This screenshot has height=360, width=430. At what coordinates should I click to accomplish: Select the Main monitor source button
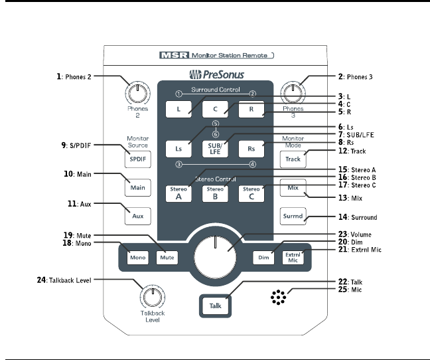click(x=138, y=187)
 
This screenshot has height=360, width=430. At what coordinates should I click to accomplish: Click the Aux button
click(x=138, y=217)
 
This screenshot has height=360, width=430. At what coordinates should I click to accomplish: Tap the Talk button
click(x=215, y=305)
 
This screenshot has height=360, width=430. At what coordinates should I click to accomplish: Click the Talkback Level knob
click(x=152, y=294)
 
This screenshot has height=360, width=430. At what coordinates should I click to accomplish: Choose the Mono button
click(x=138, y=256)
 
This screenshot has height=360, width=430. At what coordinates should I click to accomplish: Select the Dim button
click(x=263, y=256)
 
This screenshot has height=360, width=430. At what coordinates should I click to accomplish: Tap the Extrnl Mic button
click(x=293, y=256)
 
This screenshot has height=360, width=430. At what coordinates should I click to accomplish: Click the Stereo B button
click(x=216, y=193)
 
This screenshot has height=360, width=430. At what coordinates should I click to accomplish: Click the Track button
click(x=293, y=159)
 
